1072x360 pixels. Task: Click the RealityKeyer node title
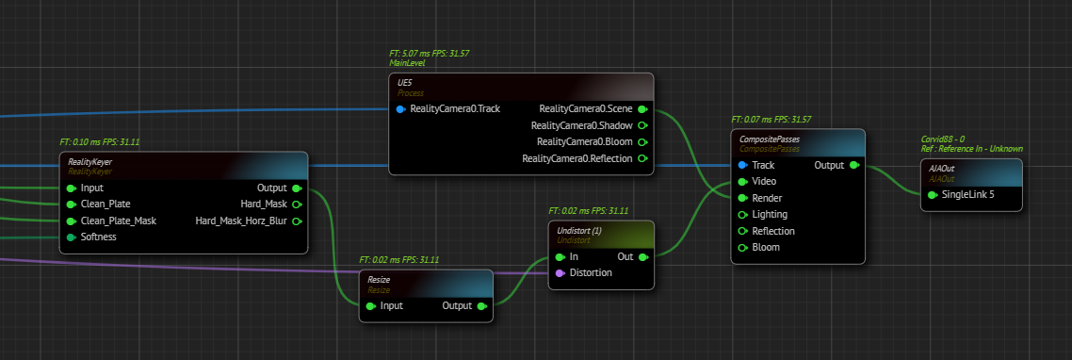pyautogui.click(x=89, y=162)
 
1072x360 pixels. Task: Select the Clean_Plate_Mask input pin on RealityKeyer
pyautogui.click(x=72, y=221)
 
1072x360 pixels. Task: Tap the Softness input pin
pyautogui.click(x=72, y=237)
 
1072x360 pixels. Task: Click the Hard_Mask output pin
pyautogui.click(x=298, y=205)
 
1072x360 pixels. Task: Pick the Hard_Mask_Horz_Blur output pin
pyautogui.click(x=298, y=221)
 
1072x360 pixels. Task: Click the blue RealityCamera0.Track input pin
pyautogui.click(x=400, y=109)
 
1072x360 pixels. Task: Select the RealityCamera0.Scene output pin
pyautogui.click(x=642, y=109)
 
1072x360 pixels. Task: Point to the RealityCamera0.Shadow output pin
pyautogui.click(x=642, y=126)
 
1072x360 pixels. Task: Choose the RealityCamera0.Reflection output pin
pyautogui.click(x=642, y=158)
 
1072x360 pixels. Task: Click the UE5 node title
pyautogui.click(x=405, y=83)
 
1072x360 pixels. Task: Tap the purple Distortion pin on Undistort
pyautogui.click(x=560, y=273)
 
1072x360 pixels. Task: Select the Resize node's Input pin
pyautogui.click(x=371, y=306)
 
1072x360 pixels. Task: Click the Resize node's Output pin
pyautogui.click(x=482, y=306)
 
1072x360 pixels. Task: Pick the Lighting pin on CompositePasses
pyautogui.click(x=743, y=215)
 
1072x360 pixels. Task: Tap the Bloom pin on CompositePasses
pyautogui.click(x=743, y=248)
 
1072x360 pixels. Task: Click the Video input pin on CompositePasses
pyautogui.click(x=743, y=182)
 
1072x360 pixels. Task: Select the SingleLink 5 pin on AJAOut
pyautogui.click(x=933, y=195)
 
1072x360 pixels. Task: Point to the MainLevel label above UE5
pyautogui.click(x=407, y=63)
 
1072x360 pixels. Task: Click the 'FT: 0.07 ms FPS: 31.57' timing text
pyautogui.click(x=772, y=120)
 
